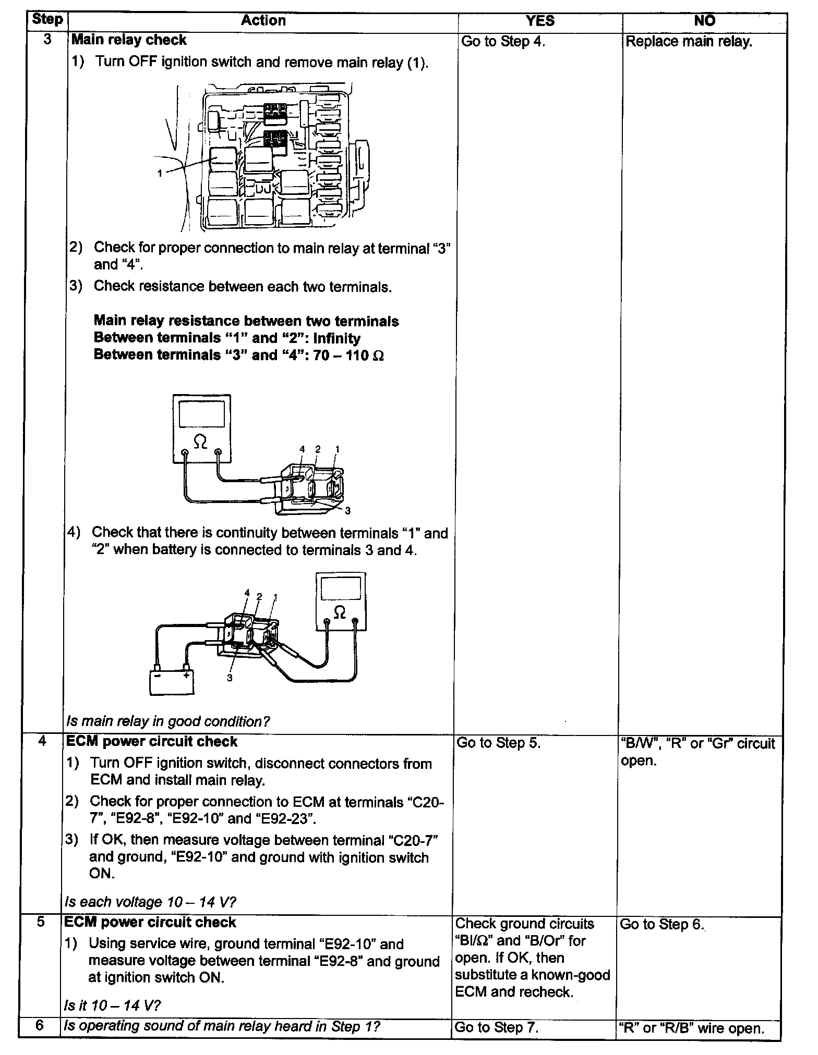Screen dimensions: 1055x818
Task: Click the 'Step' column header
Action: tap(47, 20)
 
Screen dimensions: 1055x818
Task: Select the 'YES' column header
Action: tap(540, 21)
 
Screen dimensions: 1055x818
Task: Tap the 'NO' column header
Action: tap(705, 21)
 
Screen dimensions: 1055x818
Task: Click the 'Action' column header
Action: tap(263, 21)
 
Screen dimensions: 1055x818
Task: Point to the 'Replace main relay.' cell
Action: tap(689, 42)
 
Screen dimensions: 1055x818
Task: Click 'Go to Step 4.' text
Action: tap(503, 42)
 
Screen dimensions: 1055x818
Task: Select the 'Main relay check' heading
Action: tap(129, 40)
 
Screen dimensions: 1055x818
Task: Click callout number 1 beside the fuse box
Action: tap(160, 173)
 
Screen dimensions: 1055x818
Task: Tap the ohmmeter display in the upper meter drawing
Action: tap(201, 415)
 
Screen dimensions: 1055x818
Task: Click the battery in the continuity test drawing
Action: tap(172, 681)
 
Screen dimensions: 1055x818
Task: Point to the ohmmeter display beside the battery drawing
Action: tap(341, 589)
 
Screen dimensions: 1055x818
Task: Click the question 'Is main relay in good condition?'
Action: tap(168, 721)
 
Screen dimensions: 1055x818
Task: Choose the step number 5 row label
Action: tap(41, 922)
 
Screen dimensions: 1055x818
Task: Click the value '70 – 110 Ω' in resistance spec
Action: tap(349, 355)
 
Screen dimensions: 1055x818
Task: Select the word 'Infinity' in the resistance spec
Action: tap(337, 338)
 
